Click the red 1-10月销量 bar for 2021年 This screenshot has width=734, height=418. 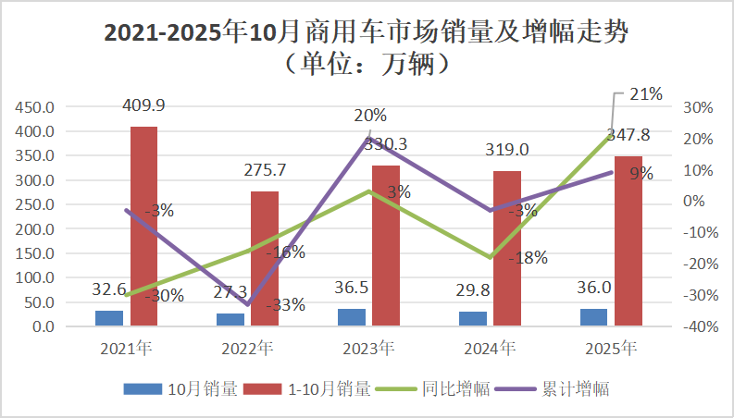[x=143, y=227]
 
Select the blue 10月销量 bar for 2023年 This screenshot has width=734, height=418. [x=351, y=317]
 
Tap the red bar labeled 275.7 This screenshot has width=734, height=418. [x=265, y=259]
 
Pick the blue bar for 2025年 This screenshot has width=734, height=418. [x=593, y=317]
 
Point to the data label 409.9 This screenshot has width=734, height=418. [x=143, y=106]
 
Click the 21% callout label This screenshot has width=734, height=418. [x=645, y=93]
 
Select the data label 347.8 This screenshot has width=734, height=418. [x=629, y=135]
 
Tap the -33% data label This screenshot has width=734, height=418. [x=285, y=305]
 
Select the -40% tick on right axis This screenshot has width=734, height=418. [x=698, y=327]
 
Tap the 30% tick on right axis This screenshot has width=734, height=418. [x=698, y=107]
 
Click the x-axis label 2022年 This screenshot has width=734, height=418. [x=247, y=350]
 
